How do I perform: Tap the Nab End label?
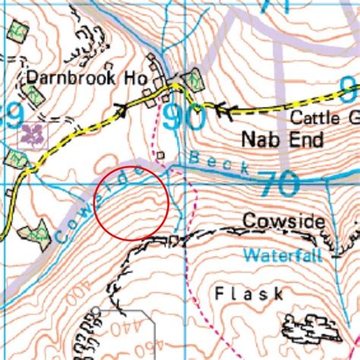click(x=271, y=140)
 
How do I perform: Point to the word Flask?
click(x=238, y=292)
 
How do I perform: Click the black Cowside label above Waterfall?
click(x=284, y=221)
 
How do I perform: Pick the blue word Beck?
click(x=219, y=163)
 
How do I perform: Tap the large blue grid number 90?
click(x=183, y=118)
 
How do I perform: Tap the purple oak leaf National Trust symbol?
click(x=33, y=135)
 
